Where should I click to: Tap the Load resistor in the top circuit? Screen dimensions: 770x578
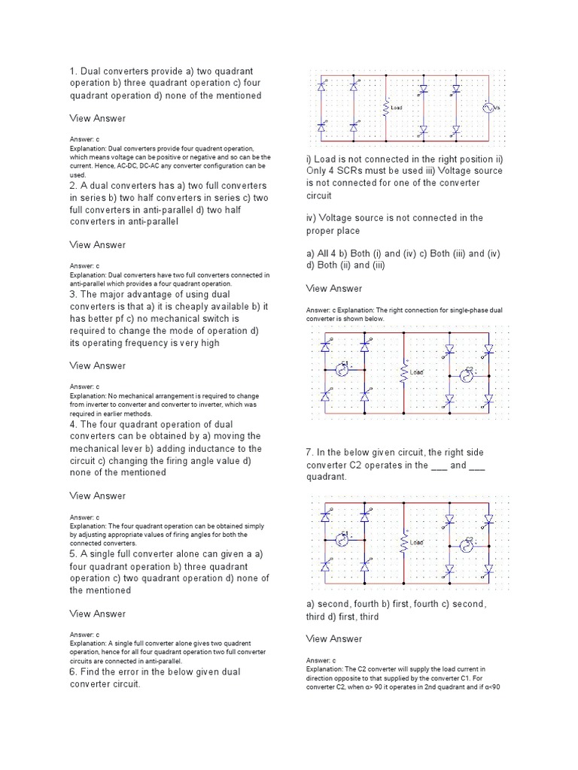[x=386, y=108]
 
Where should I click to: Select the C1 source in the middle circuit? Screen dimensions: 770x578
[x=342, y=369]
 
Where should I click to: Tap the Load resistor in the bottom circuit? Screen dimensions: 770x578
[x=404, y=542]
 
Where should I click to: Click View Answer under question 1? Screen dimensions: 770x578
[x=98, y=119]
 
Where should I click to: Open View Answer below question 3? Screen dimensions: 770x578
[x=98, y=366]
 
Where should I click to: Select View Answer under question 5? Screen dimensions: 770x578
[x=98, y=614]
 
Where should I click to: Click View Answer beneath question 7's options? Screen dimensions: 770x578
[x=334, y=639]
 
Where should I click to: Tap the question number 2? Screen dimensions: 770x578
[x=74, y=186]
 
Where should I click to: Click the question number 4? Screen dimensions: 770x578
[x=74, y=424]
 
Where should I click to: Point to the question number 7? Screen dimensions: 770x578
[x=309, y=453]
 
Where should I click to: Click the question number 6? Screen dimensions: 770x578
[x=74, y=671]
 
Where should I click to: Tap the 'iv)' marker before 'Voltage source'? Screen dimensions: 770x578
[x=312, y=218]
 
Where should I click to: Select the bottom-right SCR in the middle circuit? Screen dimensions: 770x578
[x=487, y=403]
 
